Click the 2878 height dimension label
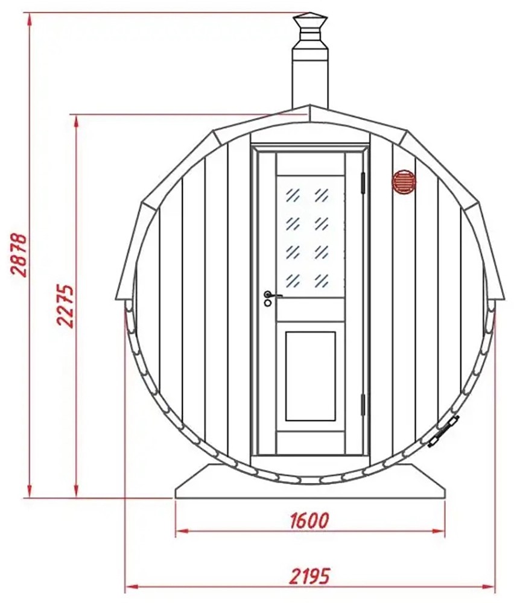coord(19,254)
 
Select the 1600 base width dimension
coord(309,520)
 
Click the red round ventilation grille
coord(404,182)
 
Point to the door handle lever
coord(273,295)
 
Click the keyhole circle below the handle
coord(267,303)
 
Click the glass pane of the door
coord(311,237)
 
